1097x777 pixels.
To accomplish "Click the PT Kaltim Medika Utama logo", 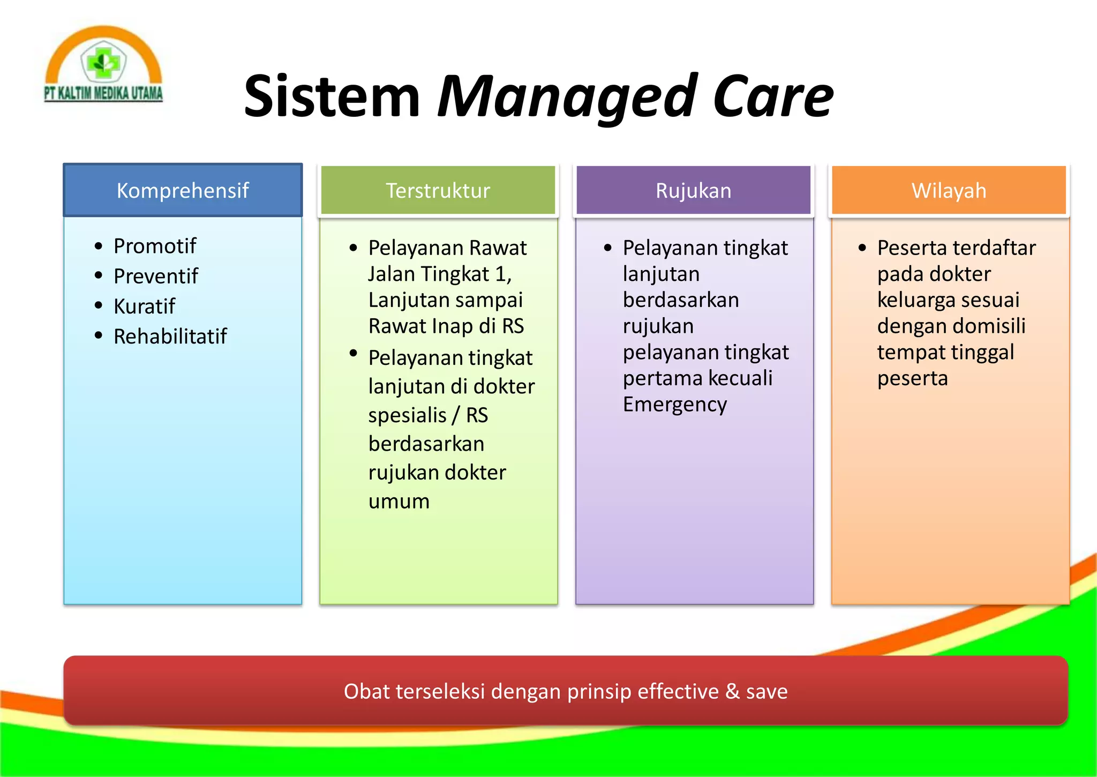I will tap(103, 65).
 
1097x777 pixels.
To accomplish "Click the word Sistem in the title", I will tap(332, 97).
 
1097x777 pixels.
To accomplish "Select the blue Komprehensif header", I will tap(183, 190).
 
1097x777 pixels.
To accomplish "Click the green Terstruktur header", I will tap(438, 190).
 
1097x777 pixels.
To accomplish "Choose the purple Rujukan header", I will tap(693, 190).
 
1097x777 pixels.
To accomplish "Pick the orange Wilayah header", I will tap(949, 190).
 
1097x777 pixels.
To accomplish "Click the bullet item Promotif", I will tap(155, 246).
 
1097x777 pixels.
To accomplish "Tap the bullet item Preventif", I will tap(156, 276).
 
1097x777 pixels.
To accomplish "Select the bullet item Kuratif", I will tap(144, 306).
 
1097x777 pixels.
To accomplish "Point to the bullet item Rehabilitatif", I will tap(170, 336).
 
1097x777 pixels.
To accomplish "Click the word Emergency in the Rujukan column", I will tap(674, 405).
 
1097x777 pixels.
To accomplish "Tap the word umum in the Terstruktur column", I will tap(399, 502).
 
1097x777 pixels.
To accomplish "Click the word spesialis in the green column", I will tap(407, 415).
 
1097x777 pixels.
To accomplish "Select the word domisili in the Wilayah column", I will tap(989, 326).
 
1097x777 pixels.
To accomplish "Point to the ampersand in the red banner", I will tap(732, 691).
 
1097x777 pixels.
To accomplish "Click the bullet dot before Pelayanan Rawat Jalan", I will tap(353, 248).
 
